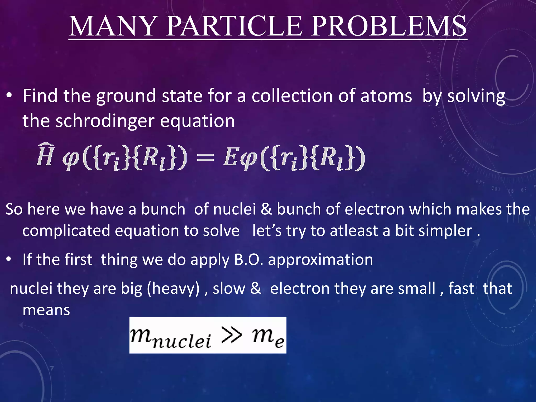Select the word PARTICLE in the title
(x=234, y=26)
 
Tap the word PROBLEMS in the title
(x=389, y=26)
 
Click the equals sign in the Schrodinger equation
(x=205, y=158)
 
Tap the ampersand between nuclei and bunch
(x=266, y=209)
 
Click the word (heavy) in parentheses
(x=173, y=289)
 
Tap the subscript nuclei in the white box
(x=182, y=342)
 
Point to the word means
(x=46, y=310)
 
